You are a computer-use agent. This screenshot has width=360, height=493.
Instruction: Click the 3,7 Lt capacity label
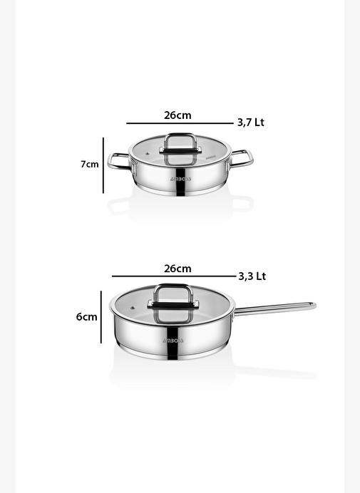[250, 123]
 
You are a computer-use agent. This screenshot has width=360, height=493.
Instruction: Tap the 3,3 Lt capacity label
[252, 276]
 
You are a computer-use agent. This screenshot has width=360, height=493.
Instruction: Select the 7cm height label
[90, 164]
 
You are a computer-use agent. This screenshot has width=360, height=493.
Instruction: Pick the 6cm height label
[86, 316]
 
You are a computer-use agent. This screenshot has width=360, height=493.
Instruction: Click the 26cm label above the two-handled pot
[178, 115]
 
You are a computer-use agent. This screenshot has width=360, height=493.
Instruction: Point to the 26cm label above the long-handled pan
[178, 269]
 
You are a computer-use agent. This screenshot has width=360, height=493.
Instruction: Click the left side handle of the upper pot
[118, 161]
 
